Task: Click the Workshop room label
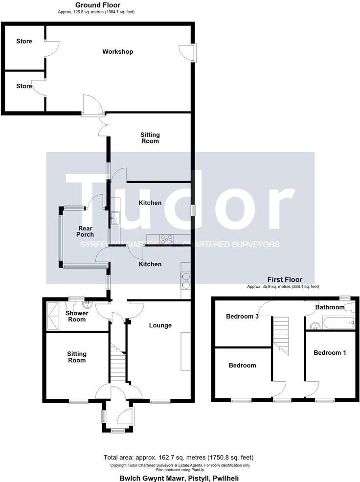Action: (x=117, y=51)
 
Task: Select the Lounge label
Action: (x=160, y=325)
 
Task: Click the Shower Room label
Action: (x=77, y=316)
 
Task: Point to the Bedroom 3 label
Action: (x=242, y=316)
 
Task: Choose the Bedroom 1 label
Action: (x=330, y=352)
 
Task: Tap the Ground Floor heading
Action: (x=98, y=5)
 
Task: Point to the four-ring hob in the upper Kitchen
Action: (x=166, y=240)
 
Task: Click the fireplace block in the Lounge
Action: (x=185, y=351)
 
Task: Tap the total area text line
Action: (x=179, y=458)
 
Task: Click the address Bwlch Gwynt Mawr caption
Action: (x=179, y=478)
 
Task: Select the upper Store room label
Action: (x=24, y=41)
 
